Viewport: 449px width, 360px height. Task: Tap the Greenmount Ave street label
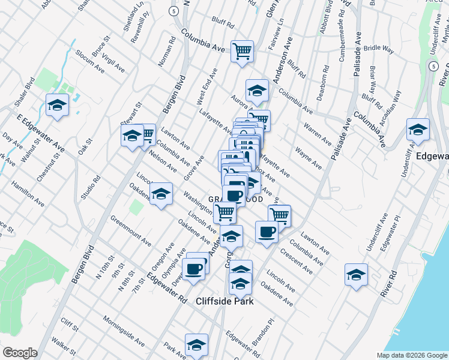130,230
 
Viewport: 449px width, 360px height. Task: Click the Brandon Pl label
263,331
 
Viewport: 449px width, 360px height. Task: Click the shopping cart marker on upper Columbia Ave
242,51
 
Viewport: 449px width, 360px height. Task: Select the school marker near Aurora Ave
257,91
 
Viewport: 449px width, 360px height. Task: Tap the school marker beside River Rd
356,274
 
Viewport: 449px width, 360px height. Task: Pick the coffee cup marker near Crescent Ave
267,232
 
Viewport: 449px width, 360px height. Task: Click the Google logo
20,353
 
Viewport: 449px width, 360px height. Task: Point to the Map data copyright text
411,355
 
